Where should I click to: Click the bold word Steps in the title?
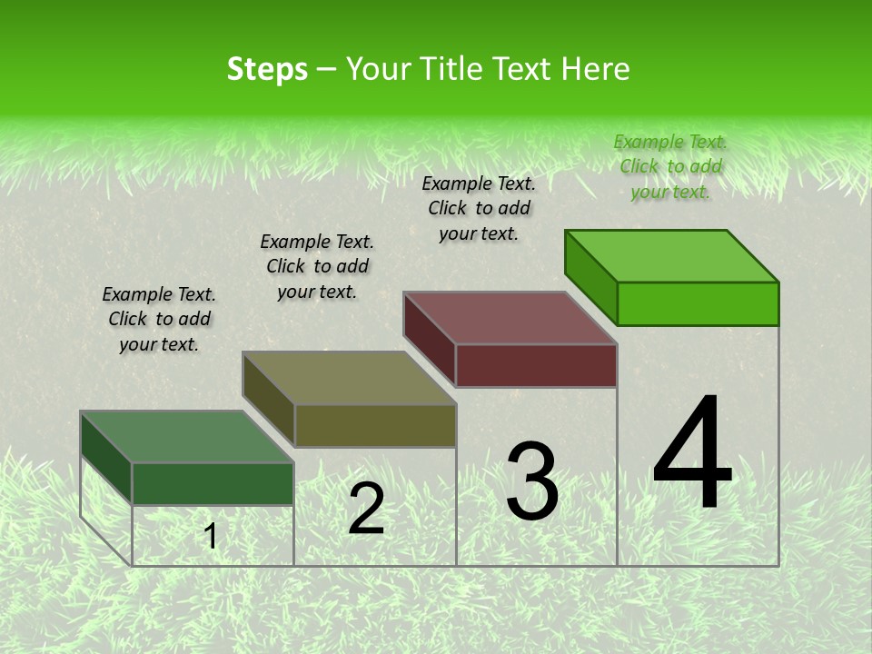coord(267,69)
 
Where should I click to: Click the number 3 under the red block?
coord(532,481)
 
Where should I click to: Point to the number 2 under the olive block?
coord(366,508)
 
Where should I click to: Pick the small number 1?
coord(211,536)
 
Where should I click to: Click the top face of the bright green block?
coord(672,256)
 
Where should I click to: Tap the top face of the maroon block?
coord(510,318)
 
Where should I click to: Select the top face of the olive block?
coord(349,378)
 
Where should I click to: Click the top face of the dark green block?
coord(187,437)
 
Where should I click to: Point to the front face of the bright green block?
coord(698,303)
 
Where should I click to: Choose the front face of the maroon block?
coord(536,365)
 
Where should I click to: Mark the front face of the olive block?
coord(375,426)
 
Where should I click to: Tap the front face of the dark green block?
coord(213,483)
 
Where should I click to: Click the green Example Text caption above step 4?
coord(670,166)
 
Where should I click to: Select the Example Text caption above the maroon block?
coord(479,208)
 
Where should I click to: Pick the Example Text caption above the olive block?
coord(317,266)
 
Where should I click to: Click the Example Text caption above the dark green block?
coord(159,319)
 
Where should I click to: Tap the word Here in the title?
coord(596,69)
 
